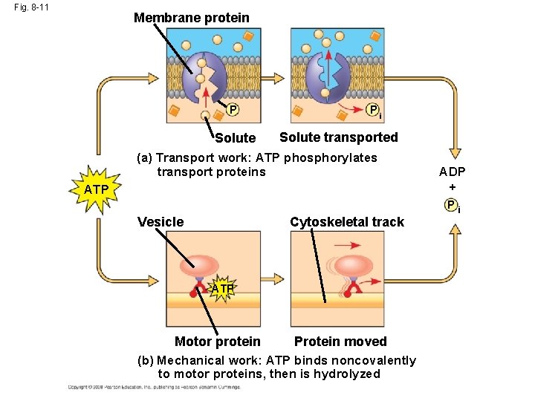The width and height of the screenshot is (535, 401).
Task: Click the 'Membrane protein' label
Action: tap(191, 17)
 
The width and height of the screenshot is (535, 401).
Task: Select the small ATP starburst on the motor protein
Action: tap(222, 287)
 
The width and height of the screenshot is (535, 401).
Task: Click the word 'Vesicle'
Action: tap(160, 222)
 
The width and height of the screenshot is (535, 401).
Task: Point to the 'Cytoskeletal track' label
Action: tap(346, 222)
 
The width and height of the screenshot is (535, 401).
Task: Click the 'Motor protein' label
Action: tap(217, 342)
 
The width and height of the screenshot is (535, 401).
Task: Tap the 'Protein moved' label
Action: tap(340, 342)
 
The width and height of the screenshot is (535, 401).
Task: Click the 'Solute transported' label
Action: tap(338, 137)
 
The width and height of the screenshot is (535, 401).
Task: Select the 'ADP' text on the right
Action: tap(452, 172)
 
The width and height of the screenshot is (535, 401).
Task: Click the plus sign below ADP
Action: tap(452, 187)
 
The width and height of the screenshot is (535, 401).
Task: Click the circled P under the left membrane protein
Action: tap(233, 111)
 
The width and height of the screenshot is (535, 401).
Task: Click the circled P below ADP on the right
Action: tap(451, 206)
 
